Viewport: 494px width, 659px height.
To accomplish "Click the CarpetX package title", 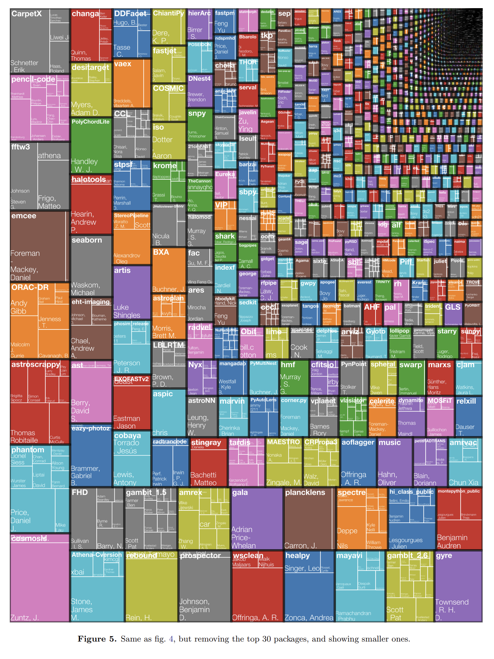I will pos(26,14).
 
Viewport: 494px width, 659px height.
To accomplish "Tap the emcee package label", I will pos(24,216).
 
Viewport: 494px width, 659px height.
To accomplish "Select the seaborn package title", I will pos(87,240).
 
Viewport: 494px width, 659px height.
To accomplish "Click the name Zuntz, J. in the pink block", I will pos(24,617).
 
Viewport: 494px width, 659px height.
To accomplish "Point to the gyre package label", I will pos(444,555).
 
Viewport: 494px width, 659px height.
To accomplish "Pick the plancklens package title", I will pos(305,493).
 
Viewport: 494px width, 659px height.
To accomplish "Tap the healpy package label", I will pos(297,555).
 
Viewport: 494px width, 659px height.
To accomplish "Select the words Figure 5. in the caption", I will pos(97,639).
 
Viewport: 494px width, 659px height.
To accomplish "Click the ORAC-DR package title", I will pos(30,288).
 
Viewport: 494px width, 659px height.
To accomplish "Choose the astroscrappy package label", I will pos(35,364).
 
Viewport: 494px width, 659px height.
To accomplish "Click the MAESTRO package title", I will pos(284,442).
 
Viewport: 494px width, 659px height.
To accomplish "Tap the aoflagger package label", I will pos(358,442).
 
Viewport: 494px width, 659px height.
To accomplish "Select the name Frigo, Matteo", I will pos(49,202).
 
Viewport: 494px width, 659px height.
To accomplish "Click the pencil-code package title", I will pos(33,80).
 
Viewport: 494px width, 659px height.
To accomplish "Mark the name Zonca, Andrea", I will pos(309,617).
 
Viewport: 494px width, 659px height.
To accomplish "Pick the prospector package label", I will pos(200,555).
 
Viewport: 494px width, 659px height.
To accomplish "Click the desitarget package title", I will pos(90,68).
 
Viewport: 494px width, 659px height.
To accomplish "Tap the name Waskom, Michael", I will pos(85,289).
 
